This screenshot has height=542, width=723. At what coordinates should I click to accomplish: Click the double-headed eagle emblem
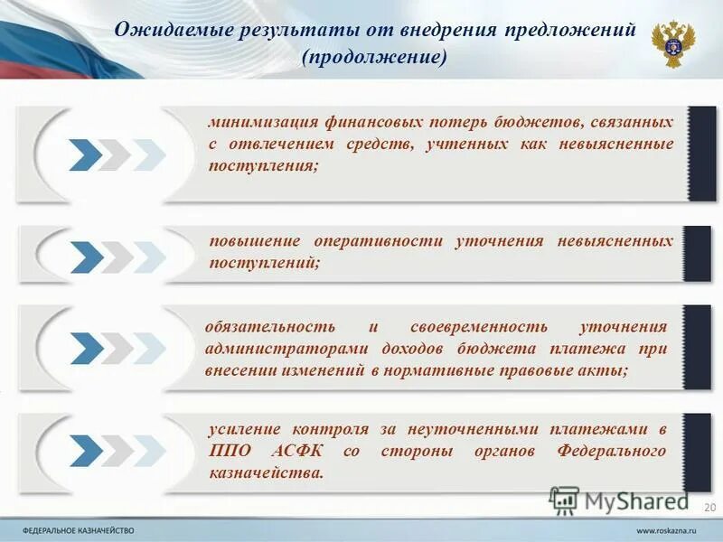(x=672, y=43)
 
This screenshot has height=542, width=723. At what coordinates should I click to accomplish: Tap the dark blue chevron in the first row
(x=86, y=154)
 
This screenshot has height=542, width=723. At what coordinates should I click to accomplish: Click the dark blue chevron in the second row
(x=86, y=257)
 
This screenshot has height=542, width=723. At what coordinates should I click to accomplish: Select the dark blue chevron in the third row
(x=86, y=348)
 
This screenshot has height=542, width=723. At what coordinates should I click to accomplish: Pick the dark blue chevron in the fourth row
(x=86, y=449)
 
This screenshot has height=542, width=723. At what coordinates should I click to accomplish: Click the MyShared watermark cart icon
(x=564, y=500)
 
